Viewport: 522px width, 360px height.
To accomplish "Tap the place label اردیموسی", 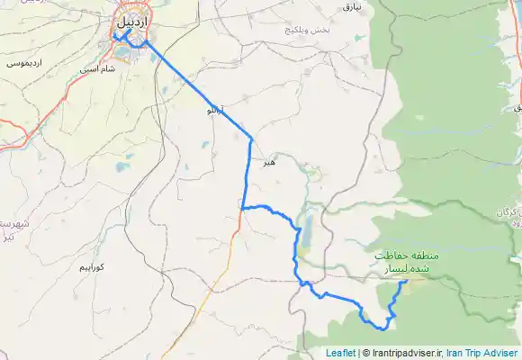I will pos(22,64).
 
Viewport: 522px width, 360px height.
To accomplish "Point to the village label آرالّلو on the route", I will pos(214,112).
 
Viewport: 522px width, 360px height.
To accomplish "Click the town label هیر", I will pos(267,164).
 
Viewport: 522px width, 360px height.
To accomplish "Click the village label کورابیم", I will pos(93,267).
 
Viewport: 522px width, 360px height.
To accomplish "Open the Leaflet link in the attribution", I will pos(340,353).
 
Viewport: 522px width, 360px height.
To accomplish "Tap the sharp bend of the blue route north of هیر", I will pos(251,138).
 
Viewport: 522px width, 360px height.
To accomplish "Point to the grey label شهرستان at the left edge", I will pos(11,222).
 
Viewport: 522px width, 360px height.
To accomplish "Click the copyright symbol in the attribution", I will pos(364,353).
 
